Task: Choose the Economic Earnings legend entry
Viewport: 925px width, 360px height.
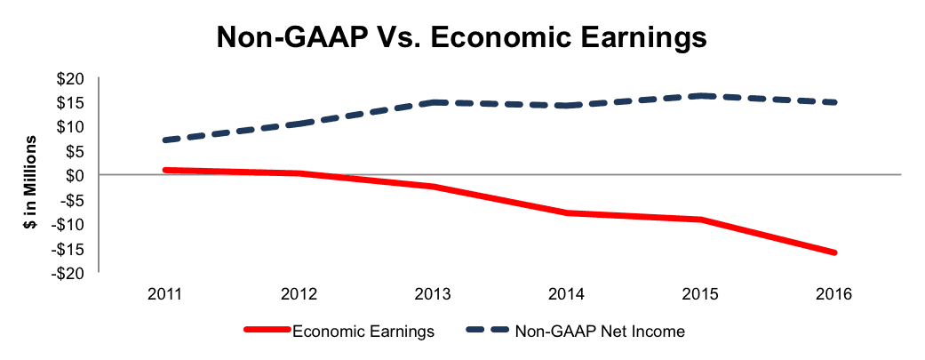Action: [x=339, y=331]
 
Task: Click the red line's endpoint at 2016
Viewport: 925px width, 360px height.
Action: [x=834, y=252]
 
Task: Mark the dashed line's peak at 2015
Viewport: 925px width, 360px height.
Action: [x=701, y=96]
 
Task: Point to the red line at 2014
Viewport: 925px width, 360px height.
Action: [x=567, y=212]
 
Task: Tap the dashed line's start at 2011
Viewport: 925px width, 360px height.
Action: [x=166, y=140]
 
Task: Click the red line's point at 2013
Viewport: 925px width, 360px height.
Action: [x=434, y=187]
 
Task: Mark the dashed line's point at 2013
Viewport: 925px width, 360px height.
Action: [x=434, y=103]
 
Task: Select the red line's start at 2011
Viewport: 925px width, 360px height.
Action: [x=166, y=170]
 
